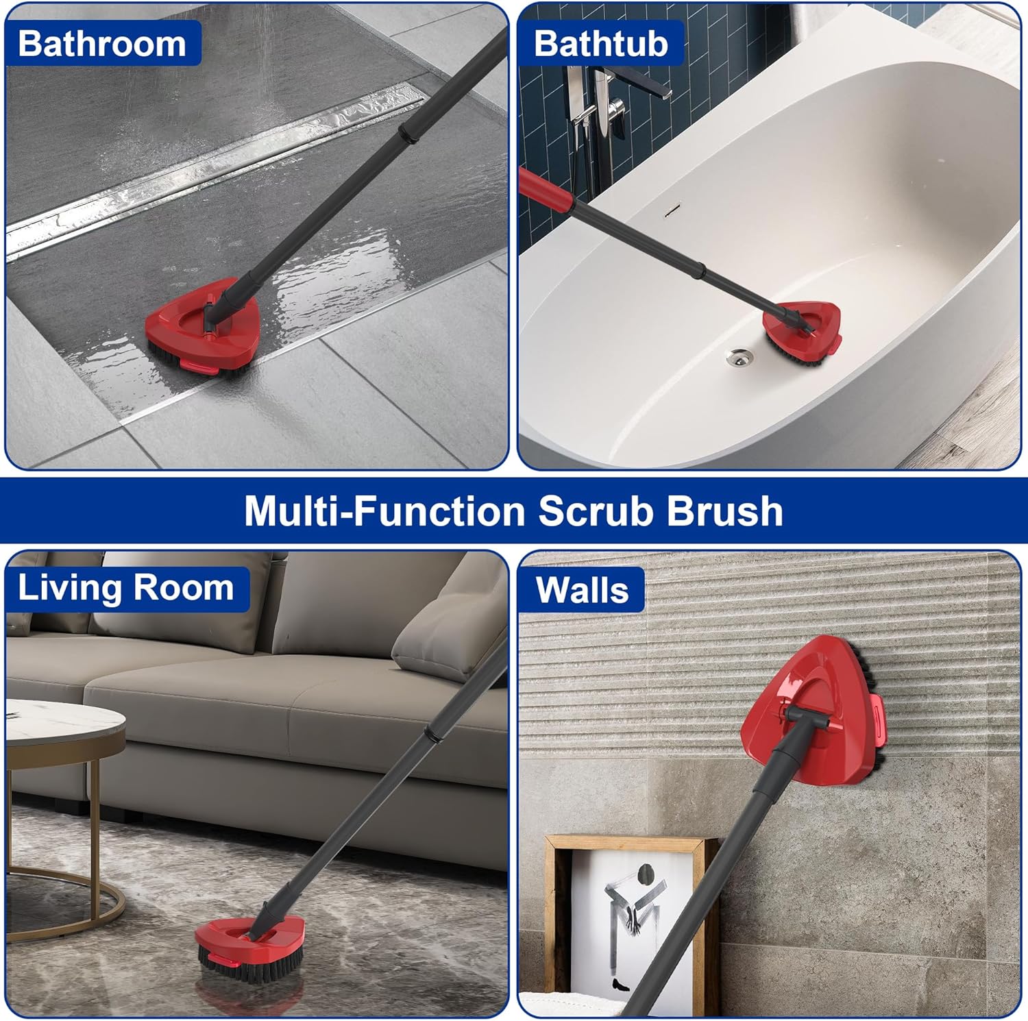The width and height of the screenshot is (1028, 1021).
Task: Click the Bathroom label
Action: click(102, 43)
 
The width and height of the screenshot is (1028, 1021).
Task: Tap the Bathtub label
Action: click(600, 43)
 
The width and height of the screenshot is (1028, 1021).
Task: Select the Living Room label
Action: click(126, 588)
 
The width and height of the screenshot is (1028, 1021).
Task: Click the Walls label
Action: click(582, 590)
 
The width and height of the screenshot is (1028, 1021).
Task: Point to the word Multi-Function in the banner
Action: click(384, 510)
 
